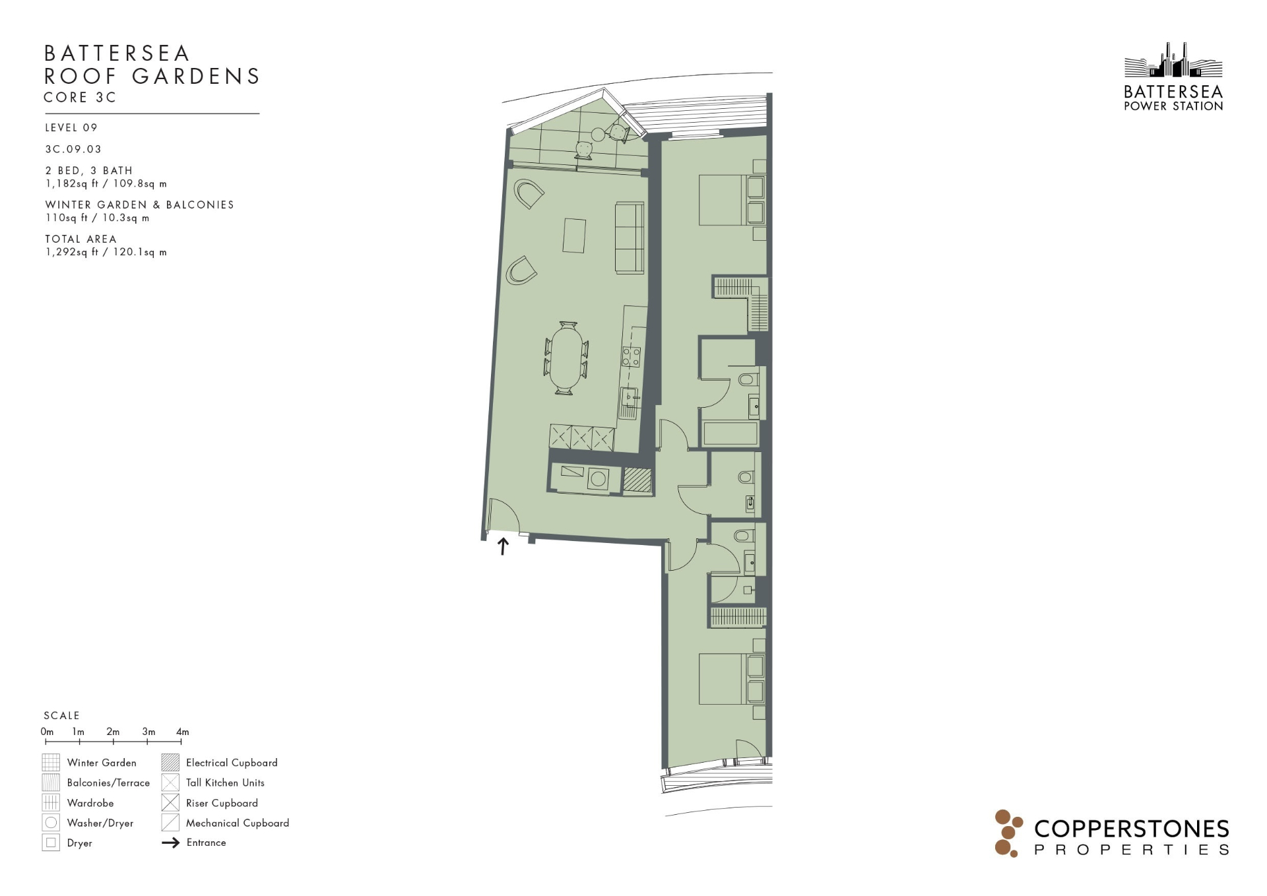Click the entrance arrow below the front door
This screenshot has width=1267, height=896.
click(x=503, y=546)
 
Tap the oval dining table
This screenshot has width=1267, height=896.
click(x=567, y=358)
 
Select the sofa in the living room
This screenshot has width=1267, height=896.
click(x=630, y=238)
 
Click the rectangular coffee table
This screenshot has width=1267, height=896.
click(x=574, y=235)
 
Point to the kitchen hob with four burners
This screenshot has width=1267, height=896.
click(x=631, y=357)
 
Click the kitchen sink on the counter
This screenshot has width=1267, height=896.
click(x=629, y=397)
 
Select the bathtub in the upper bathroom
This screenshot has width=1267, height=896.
click(x=731, y=433)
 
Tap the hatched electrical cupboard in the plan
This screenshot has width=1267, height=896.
click(x=637, y=480)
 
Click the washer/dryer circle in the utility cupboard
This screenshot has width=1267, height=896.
click(x=599, y=479)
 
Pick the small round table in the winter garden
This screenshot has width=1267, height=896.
click(x=598, y=135)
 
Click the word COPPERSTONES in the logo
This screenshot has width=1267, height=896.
click(x=1131, y=829)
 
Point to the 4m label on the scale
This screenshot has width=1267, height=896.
click(x=183, y=732)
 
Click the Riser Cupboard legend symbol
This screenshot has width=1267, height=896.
click(x=170, y=803)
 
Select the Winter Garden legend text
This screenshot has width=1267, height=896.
click(x=102, y=763)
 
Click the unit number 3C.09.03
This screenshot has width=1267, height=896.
click(x=73, y=149)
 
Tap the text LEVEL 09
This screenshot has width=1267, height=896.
click(x=71, y=127)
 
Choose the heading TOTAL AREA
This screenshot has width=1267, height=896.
click(x=81, y=239)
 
